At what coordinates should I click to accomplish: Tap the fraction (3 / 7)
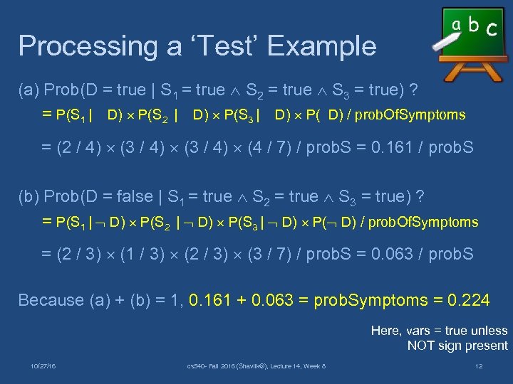269,254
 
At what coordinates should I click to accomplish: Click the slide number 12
480,366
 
